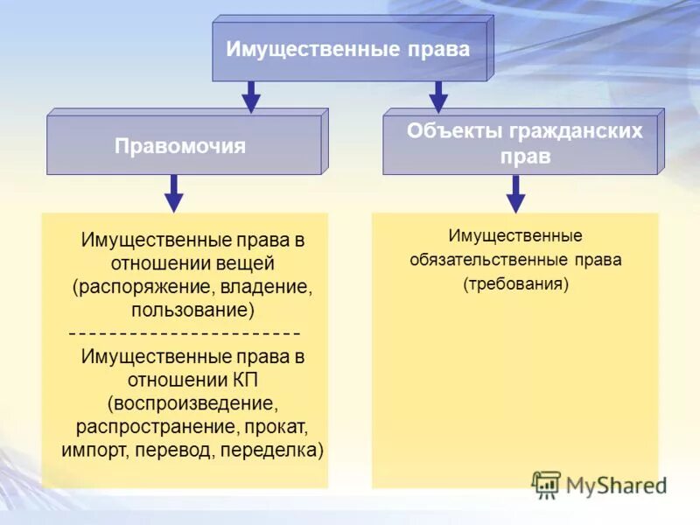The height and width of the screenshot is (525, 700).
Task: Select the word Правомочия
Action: tap(180, 146)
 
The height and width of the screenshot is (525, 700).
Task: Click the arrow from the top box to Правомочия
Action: tap(251, 96)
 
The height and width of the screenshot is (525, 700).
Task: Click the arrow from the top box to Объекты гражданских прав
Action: tap(438, 96)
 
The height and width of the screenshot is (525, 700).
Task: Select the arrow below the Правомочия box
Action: tap(174, 192)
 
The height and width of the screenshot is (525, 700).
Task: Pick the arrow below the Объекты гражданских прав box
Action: tap(516, 192)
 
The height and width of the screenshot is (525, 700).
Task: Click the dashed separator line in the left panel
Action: tap(185, 333)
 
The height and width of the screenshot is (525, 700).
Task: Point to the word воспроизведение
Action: tap(192, 404)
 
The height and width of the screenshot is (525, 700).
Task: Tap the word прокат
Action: tap(276, 428)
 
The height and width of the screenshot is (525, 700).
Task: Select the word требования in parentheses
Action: tap(515, 283)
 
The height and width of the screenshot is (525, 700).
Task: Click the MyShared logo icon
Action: tap(546, 484)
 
